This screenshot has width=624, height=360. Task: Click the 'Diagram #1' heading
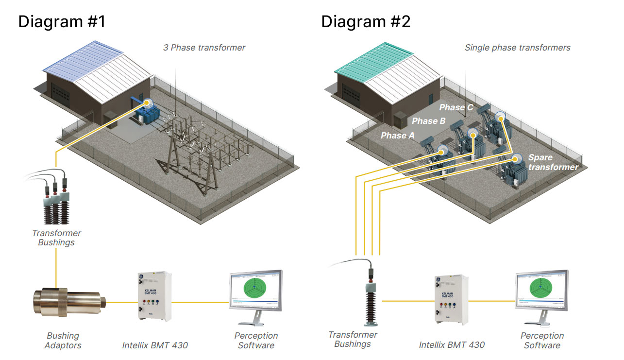(x=61, y=22)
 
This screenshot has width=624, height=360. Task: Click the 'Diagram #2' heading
(x=366, y=22)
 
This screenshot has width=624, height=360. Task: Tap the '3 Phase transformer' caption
(x=204, y=48)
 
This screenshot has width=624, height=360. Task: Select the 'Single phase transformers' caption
(x=517, y=48)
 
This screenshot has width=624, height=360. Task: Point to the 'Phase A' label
(x=398, y=136)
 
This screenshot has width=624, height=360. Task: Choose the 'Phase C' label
(x=456, y=107)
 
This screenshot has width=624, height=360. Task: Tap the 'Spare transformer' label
(x=553, y=162)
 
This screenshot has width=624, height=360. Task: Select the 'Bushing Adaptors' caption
(x=63, y=341)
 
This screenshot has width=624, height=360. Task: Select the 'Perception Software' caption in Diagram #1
(x=256, y=341)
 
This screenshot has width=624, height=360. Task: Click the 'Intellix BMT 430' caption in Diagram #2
(x=452, y=345)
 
